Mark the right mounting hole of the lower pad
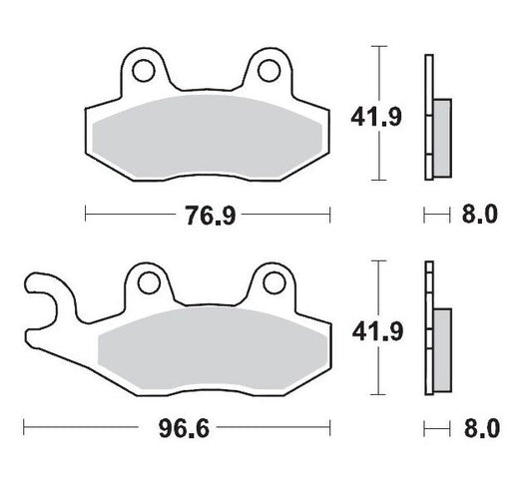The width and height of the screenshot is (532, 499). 267,284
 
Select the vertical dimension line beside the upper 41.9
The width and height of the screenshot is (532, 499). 376,113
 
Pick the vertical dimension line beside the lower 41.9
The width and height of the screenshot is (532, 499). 376,326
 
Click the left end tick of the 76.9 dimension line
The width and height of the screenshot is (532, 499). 86,215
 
